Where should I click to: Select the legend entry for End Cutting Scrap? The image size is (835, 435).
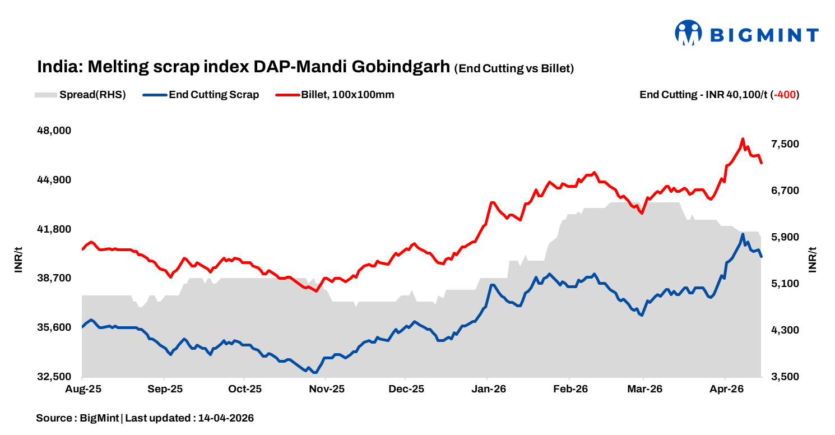[214, 95]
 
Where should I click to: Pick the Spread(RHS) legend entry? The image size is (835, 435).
[92, 95]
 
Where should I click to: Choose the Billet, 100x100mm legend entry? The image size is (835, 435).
[347, 95]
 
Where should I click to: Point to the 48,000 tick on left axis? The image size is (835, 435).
[54, 131]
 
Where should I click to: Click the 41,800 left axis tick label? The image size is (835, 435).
[54, 229]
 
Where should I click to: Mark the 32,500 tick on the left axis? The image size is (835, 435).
[54, 377]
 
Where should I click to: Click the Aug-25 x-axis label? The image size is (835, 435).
[82, 388]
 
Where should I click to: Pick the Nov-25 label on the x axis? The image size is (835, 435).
[326, 388]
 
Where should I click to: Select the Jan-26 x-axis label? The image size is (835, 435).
[488, 388]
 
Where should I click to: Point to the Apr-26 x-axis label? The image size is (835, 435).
[726, 388]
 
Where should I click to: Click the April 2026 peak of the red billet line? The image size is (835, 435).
[743, 139]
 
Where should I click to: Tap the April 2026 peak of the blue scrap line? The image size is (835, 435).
[743, 234]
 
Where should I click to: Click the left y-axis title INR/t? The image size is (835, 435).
[18, 260]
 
